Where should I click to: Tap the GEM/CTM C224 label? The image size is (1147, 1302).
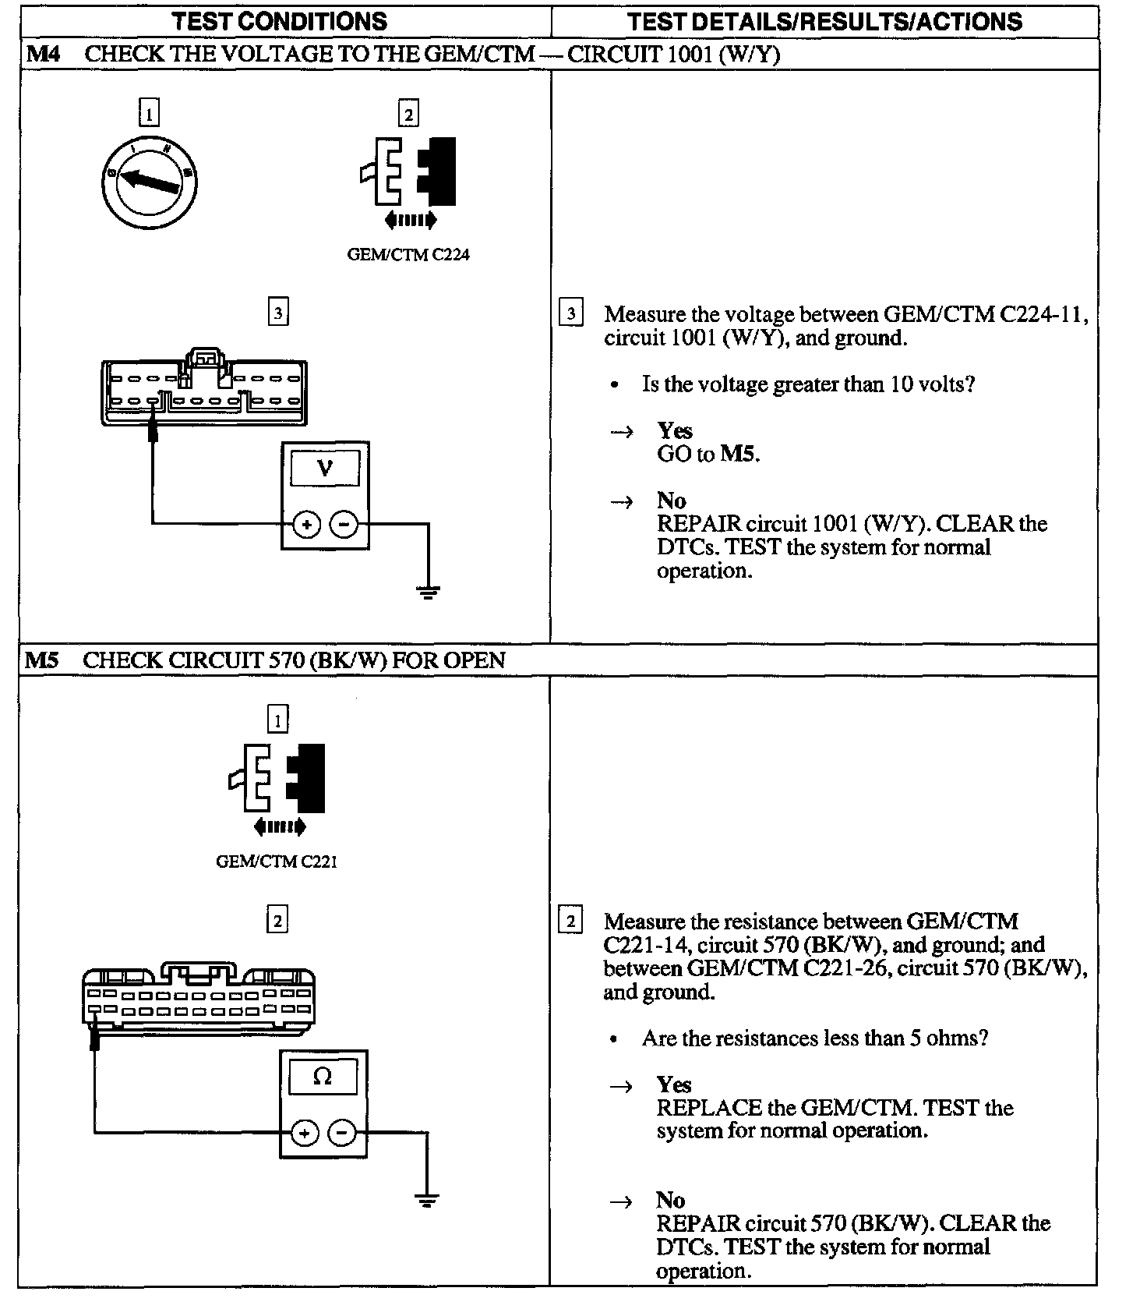pos(408,255)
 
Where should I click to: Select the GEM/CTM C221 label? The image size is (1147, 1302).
pos(277,862)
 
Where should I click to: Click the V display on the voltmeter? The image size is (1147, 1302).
pos(326,469)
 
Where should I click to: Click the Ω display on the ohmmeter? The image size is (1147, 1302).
pos(323,1077)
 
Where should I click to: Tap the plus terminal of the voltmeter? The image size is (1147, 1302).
pos(306,525)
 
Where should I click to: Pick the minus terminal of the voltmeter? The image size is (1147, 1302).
pos(344,525)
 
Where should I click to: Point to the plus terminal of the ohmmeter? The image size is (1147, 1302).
pos(304,1133)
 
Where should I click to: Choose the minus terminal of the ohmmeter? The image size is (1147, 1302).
pos(341,1133)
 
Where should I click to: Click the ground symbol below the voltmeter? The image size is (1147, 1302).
pos(429,593)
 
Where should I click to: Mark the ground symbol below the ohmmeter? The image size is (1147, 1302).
pos(426,1200)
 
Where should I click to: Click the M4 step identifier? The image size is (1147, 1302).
pos(44,54)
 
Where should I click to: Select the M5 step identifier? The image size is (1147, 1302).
pos(42,660)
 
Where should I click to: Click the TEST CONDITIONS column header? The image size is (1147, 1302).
pos(280,21)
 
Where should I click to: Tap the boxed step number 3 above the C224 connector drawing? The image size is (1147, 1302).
pos(278,313)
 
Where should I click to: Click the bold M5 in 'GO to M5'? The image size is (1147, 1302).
pos(737,454)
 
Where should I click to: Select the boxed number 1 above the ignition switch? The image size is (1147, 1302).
pos(148,115)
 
